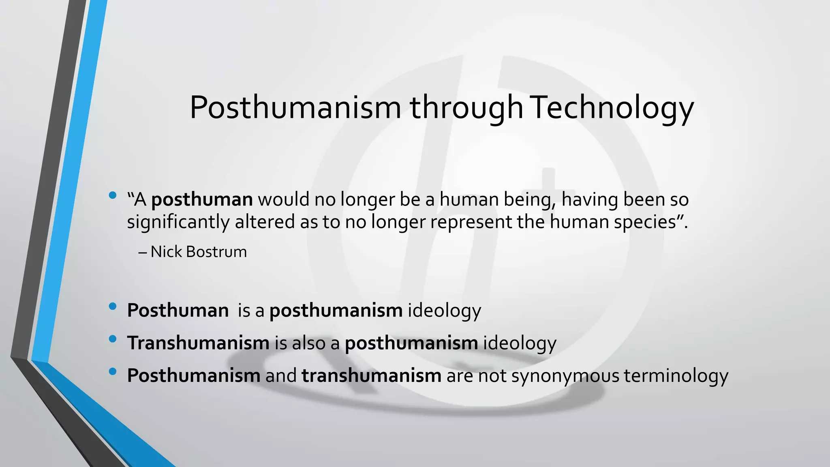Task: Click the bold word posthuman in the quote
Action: [x=202, y=200]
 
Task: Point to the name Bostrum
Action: [x=216, y=252]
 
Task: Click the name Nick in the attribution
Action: [x=166, y=252]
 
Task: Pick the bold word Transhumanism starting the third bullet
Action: [x=198, y=343]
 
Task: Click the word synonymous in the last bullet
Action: [x=565, y=376]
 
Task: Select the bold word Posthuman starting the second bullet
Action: [x=178, y=311]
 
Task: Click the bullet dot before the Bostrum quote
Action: [x=113, y=196]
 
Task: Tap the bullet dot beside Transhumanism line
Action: [x=113, y=338]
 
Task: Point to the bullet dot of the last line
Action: [x=113, y=371]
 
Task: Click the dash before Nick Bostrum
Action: [x=142, y=253]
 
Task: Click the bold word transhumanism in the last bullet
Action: [x=371, y=376]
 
